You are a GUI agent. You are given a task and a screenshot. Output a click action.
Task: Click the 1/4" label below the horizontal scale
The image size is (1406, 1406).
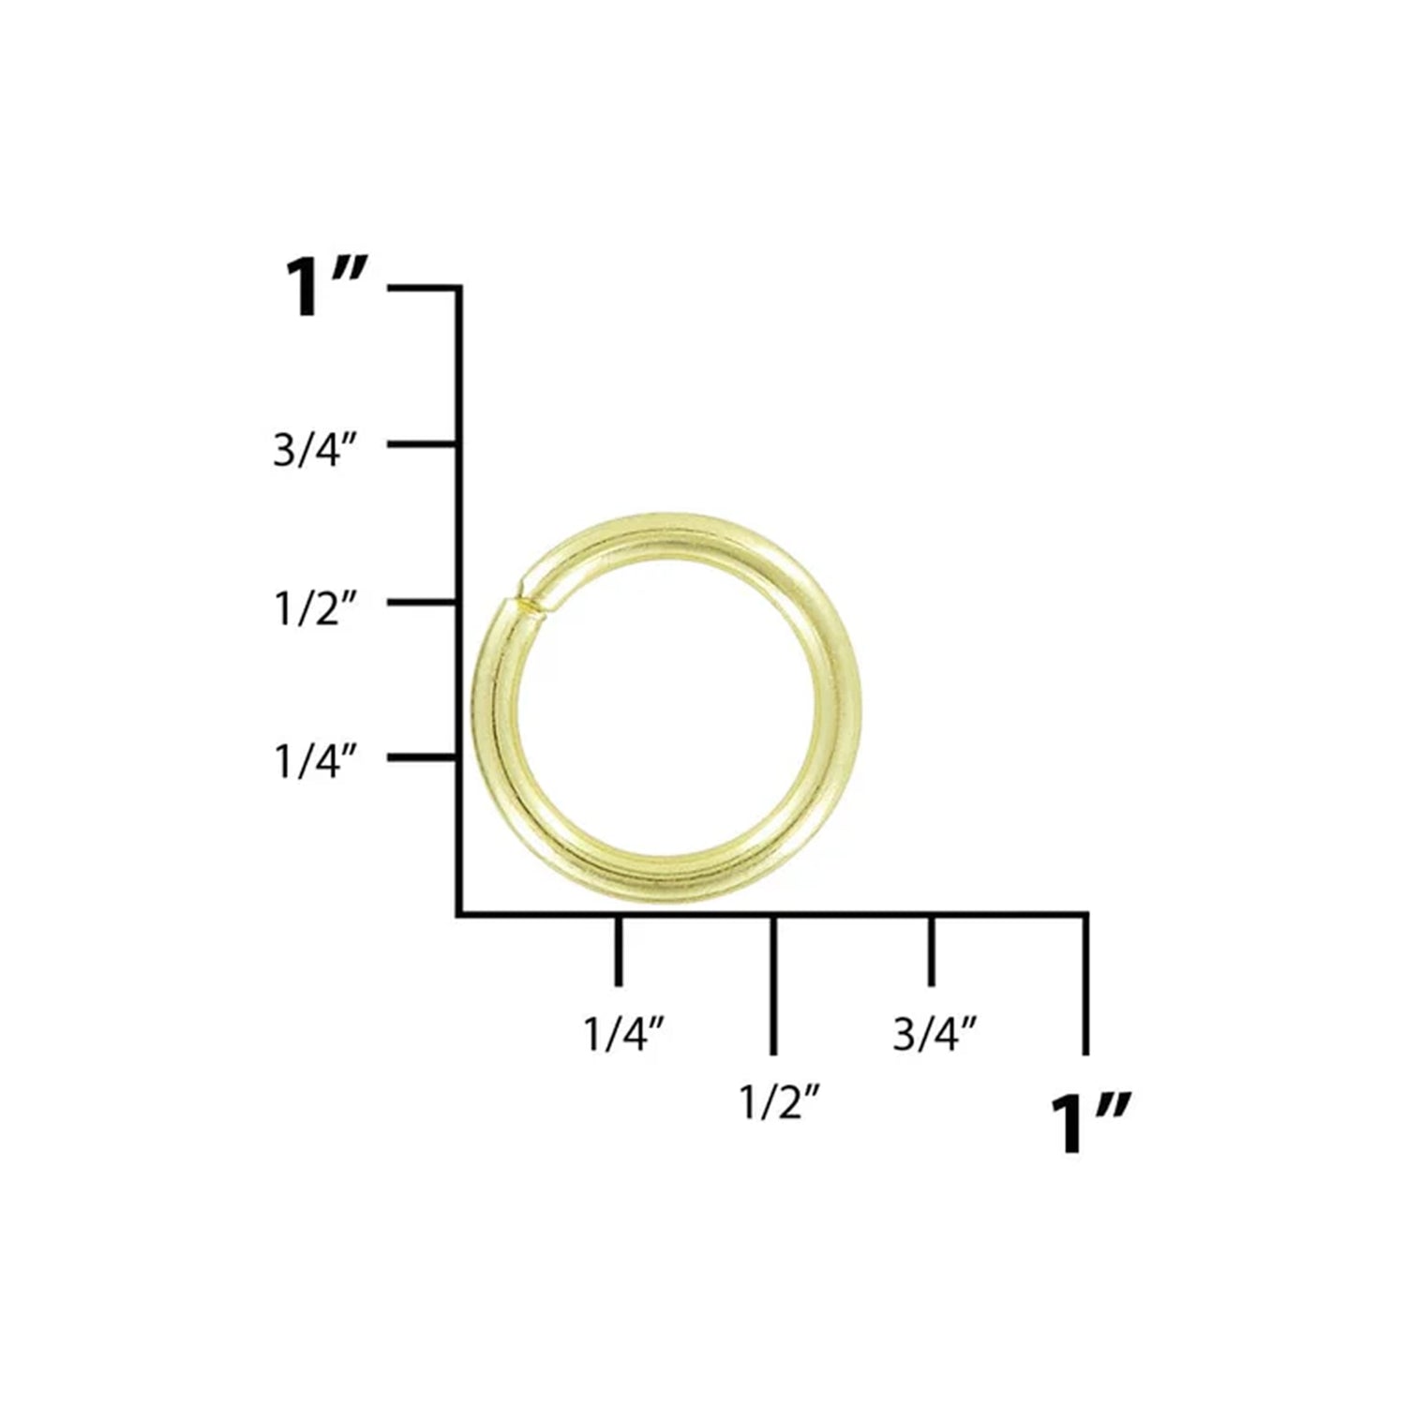click(x=625, y=1035)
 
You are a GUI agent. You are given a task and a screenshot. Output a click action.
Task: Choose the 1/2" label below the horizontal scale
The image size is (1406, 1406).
click(x=781, y=1104)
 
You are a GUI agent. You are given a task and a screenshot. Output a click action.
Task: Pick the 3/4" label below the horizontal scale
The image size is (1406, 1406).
click(x=935, y=1035)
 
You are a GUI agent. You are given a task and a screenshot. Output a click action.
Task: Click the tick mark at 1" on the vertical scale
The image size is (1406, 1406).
click(x=424, y=288)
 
